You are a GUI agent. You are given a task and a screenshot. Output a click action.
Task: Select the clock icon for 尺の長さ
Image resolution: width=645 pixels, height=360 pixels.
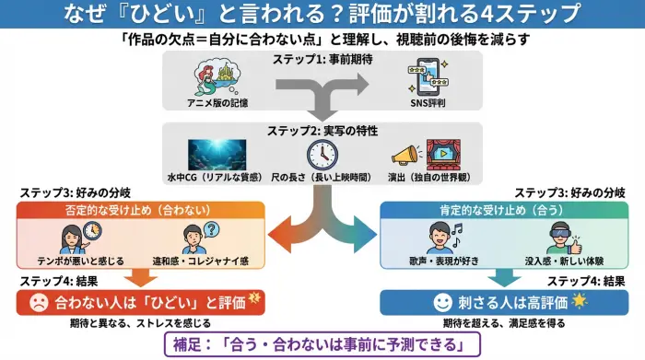(322, 154)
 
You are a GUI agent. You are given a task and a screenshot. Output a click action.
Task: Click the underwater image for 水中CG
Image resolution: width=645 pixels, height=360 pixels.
(217, 154)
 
